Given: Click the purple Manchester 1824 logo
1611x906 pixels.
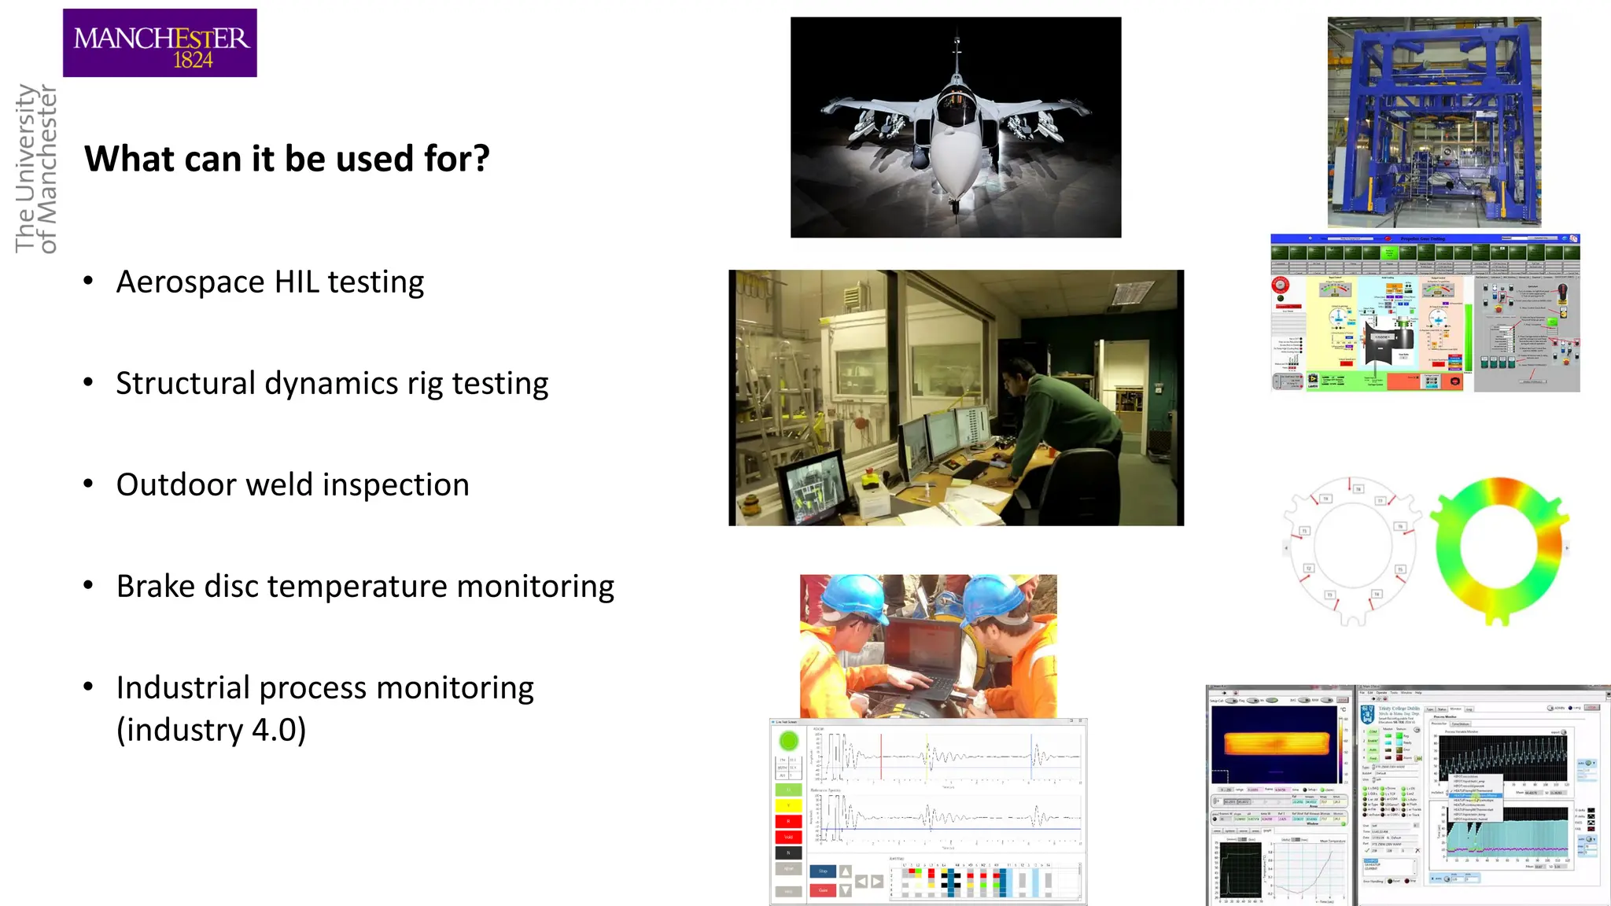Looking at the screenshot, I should [x=160, y=43].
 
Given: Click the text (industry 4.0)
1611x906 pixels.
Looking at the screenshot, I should [x=211, y=730].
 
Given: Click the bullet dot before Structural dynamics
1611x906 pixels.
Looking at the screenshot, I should [x=89, y=383].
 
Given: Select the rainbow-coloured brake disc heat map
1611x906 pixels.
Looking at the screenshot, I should [x=1499, y=551].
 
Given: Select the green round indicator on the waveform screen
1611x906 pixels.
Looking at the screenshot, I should [x=789, y=741].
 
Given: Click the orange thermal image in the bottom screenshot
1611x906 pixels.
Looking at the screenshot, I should [x=1274, y=743].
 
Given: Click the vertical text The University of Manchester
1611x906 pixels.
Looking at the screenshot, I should [x=36, y=169].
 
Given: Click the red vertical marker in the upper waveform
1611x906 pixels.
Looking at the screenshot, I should [x=881, y=757].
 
